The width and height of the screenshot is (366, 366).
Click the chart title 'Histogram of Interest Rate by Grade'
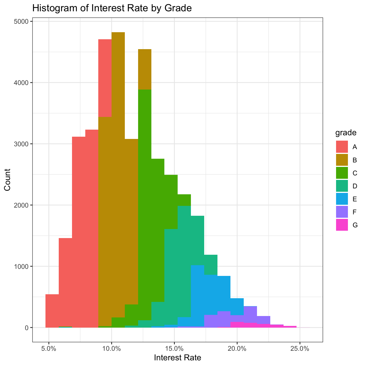pyautogui.click(x=112, y=8)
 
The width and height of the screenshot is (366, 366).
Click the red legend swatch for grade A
pyautogui.click(x=342, y=147)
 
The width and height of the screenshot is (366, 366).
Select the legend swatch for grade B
pyautogui.click(x=342, y=160)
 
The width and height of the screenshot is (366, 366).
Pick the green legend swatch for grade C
pyautogui.click(x=342, y=173)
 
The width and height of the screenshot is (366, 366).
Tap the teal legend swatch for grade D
pyautogui.click(x=342, y=186)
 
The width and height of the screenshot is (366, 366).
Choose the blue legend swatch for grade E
pyautogui.click(x=342, y=199)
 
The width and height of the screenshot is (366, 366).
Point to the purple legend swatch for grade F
pyautogui.click(x=342, y=212)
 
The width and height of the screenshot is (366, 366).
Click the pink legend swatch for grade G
pyautogui.click(x=342, y=225)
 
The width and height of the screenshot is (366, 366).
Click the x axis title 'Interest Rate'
pyautogui.click(x=177, y=358)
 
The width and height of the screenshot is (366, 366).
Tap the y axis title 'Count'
pyautogui.click(x=7, y=180)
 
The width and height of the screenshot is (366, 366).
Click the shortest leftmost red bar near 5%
pyautogui.click(x=52, y=311)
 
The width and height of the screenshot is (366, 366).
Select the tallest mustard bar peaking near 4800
pyautogui.click(x=118, y=169)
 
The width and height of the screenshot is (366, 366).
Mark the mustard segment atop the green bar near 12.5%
pyautogui.click(x=145, y=69)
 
